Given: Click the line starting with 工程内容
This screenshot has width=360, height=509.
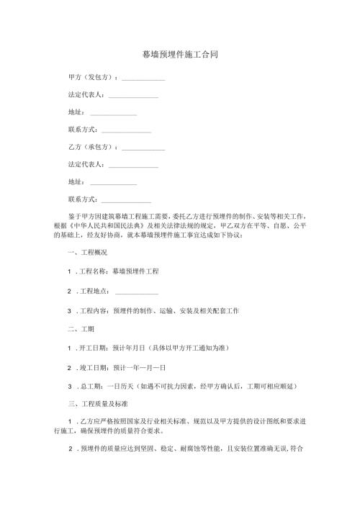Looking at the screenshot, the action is point(153,310).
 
